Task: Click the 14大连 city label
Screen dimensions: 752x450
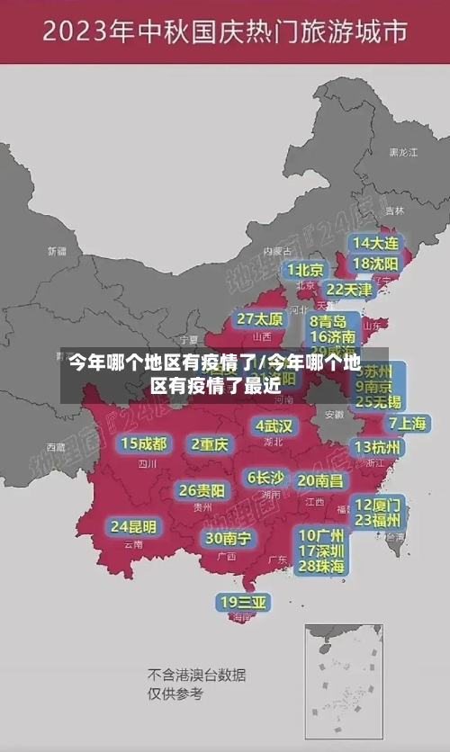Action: coord(375,243)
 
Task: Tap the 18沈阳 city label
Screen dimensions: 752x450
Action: coord(375,264)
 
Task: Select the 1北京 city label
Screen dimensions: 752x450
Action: coord(306,270)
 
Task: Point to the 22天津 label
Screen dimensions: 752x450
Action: coord(348,290)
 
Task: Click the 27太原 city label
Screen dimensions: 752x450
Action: coord(260,319)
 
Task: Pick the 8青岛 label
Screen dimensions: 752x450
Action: coord(329,321)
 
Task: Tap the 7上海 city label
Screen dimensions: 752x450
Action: coord(407,423)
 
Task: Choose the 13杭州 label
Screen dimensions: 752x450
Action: coord(378,447)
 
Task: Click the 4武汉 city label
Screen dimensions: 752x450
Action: coord(274,425)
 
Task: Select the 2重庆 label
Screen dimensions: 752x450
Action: coord(210,443)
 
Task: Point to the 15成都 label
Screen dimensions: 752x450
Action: coord(144,443)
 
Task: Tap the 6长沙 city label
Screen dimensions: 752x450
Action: coord(265,478)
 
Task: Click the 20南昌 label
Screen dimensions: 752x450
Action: coord(320,481)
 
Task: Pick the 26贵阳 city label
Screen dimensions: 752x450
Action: coord(202,491)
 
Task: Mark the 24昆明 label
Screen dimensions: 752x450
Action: coord(133,526)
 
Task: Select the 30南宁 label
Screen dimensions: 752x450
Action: coord(228,539)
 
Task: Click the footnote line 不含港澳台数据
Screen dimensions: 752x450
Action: coord(197,675)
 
